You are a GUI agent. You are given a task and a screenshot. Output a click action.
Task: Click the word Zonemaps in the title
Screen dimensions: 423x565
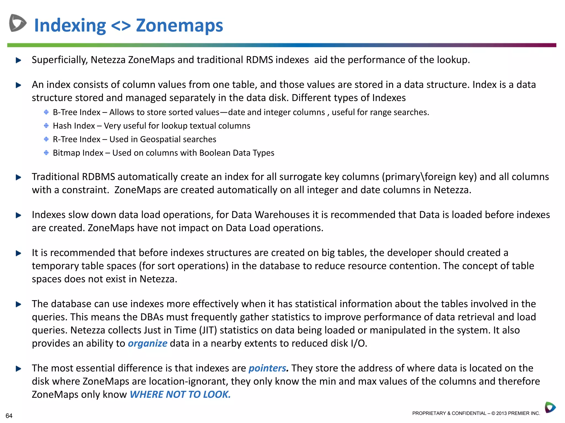179,25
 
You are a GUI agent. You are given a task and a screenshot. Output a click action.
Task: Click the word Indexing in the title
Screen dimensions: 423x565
70,26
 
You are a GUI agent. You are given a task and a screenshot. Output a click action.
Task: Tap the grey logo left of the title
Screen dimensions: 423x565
18,23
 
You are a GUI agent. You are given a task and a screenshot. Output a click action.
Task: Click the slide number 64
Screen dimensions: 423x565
9,416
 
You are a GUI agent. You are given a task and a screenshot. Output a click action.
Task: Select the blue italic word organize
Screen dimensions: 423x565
147,343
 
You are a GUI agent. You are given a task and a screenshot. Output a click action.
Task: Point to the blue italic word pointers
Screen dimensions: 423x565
267,368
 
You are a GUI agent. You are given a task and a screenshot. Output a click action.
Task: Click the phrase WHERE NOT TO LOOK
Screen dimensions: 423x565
180,395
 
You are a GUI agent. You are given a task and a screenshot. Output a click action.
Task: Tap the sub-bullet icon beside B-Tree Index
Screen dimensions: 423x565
46,112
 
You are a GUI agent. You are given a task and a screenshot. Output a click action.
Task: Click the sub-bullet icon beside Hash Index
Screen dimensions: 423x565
46,126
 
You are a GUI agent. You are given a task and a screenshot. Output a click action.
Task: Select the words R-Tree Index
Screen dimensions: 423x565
76,139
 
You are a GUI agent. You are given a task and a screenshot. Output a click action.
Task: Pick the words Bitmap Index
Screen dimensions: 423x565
78,153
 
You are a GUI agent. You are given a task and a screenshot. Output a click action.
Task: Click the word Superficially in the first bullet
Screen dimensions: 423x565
60,60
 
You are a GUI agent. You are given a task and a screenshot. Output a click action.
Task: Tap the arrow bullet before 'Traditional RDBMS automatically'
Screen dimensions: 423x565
18,177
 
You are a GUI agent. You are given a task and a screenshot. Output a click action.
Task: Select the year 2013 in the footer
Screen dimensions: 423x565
501,413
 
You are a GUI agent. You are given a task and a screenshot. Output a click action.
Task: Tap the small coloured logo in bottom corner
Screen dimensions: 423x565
550,407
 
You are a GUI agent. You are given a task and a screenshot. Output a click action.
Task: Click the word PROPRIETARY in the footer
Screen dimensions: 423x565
429,413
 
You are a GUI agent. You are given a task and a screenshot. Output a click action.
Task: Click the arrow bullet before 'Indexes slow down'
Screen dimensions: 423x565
18,215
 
